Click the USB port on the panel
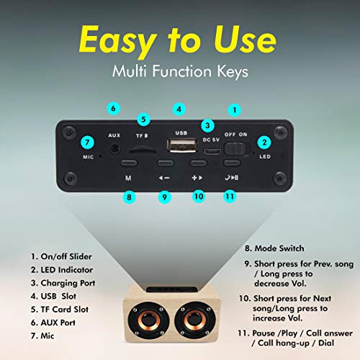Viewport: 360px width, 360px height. pyautogui.click(x=183, y=145)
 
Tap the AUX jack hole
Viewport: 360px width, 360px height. pyautogui.click(x=115, y=149)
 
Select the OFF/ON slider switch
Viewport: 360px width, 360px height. pyautogui.click(x=235, y=149)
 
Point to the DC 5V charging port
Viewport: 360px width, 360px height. pyautogui.click(x=212, y=151)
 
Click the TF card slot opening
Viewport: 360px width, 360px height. pyautogui.click(x=143, y=151)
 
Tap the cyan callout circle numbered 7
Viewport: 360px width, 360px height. pyautogui.click(x=87, y=143)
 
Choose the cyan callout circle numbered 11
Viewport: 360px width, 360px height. pyautogui.click(x=230, y=197)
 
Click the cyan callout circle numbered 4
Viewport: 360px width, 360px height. pyautogui.click(x=179, y=109)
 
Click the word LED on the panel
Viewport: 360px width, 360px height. pyautogui.click(x=265, y=156)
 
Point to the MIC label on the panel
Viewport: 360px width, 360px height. pyautogui.click(x=88, y=157)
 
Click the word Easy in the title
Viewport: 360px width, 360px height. pyautogui.click(x=118, y=40)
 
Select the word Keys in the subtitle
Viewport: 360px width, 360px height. pyautogui.click(x=233, y=72)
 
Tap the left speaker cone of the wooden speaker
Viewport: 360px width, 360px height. pyautogui.click(x=149, y=320)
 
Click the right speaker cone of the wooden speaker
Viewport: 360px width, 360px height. pyautogui.click(x=195, y=320)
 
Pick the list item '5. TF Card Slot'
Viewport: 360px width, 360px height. pyautogui.click(x=60, y=310)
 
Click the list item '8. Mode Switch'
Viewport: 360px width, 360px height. pyautogui.click(x=274, y=248)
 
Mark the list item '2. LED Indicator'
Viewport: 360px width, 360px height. pyautogui.click(x=62, y=270)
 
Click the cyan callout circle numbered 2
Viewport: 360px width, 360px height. pyautogui.click(x=264, y=143)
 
